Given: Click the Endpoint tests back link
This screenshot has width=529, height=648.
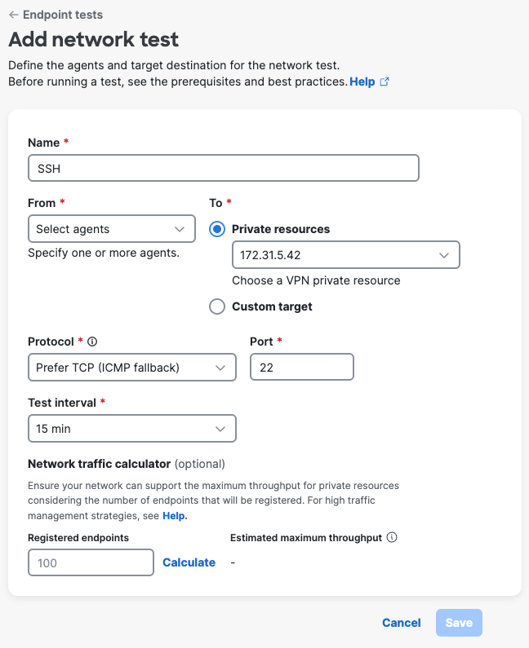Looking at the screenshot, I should pyautogui.click(x=56, y=15).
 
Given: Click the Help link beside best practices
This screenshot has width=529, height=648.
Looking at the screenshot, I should pyautogui.click(x=362, y=82).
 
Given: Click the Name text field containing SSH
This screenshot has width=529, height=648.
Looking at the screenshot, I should pyautogui.click(x=223, y=168).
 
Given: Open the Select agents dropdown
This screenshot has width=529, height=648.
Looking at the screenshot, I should pyautogui.click(x=112, y=229).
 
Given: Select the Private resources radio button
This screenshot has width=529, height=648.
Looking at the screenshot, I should pyautogui.click(x=217, y=229).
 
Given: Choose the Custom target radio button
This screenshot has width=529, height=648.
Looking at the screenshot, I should pyautogui.click(x=217, y=306).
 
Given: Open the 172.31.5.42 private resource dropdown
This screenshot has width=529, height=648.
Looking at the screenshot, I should pyautogui.click(x=345, y=255).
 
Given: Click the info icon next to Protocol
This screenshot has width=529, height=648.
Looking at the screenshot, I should pyautogui.click(x=92, y=342).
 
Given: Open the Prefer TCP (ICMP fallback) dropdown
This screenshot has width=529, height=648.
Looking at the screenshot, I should pyautogui.click(x=131, y=368).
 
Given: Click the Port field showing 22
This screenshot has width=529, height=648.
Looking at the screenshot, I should pyautogui.click(x=301, y=368).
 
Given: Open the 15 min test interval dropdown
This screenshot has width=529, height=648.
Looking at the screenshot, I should pyautogui.click(x=131, y=429).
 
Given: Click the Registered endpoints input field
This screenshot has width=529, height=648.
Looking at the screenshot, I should pyautogui.click(x=91, y=562).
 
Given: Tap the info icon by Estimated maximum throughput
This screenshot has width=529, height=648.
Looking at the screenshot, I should pyautogui.click(x=392, y=538).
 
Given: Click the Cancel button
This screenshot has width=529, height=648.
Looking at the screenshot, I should pyautogui.click(x=402, y=623).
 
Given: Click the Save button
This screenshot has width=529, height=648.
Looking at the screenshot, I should pyautogui.click(x=459, y=623).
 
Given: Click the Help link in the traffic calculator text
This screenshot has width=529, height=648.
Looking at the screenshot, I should pyautogui.click(x=175, y=516).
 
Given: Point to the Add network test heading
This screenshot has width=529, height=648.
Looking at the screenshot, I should pyautogui.click(x=93, y=39).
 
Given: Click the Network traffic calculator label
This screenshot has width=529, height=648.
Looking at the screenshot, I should pyautogui.click(x=99, y=464).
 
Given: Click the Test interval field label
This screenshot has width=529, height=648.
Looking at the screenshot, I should pyautogui.click(x=62, y=403).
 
